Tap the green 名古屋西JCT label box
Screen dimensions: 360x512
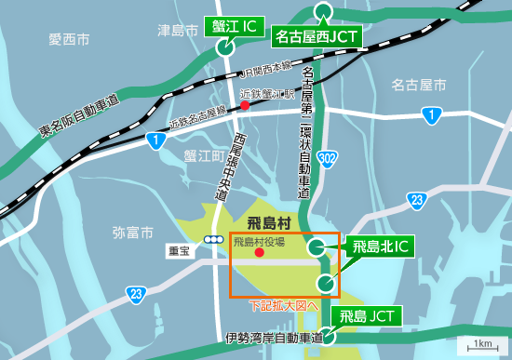(317, 38)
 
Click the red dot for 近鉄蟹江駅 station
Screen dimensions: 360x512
(245, 106)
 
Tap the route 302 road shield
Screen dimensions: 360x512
(325, 159)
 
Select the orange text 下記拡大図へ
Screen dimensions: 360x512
(284, 305)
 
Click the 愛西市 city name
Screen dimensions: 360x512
(70, 39)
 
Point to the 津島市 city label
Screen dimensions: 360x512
(178, 32)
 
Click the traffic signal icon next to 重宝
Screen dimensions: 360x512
(215, 239)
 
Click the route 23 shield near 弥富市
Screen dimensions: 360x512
(138, 295)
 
